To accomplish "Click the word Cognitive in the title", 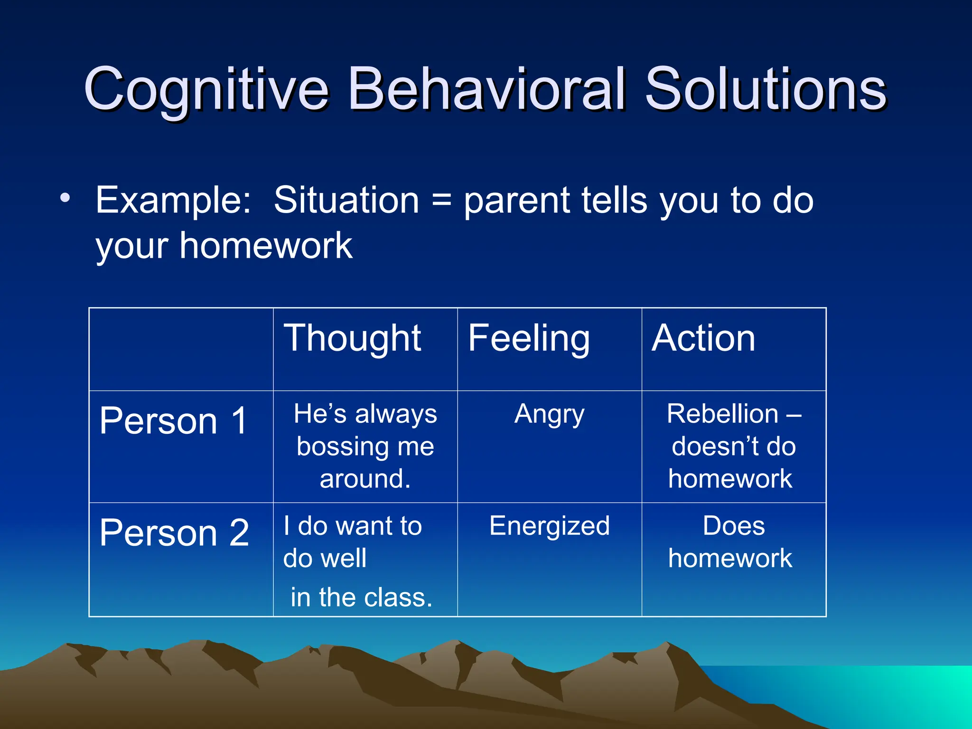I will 206,89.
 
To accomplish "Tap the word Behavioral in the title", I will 486,89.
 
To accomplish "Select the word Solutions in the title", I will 765,89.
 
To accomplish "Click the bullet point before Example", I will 65,197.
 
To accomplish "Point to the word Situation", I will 346,200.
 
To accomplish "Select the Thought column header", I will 352,338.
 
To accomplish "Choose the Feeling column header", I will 529,338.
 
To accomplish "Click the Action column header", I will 703,338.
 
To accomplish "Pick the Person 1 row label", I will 174,421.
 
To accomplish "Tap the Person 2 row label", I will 174,533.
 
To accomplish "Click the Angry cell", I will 549,414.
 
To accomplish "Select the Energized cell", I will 549,526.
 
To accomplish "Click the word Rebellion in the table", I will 722,414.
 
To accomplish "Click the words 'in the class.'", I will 361,597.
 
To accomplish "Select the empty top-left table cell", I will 181,349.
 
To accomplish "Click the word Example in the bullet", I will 173,201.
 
